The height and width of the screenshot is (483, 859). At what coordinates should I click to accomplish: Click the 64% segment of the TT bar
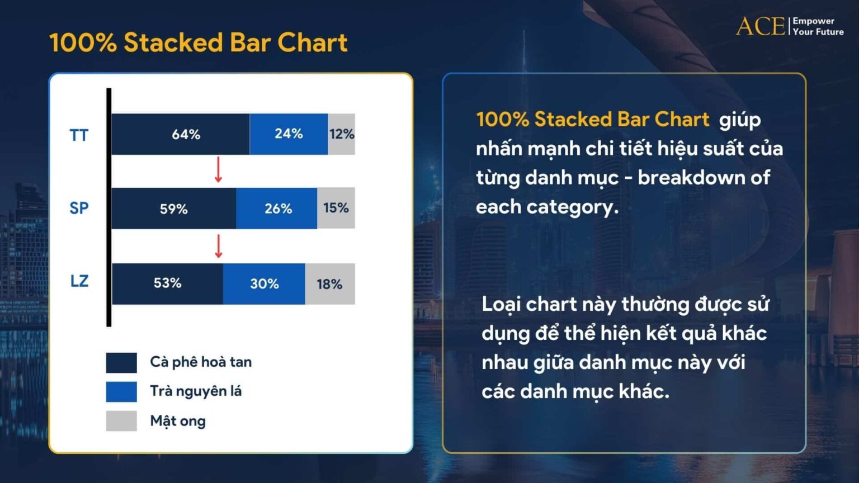180,134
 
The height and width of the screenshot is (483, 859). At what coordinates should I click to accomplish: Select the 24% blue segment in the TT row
289,134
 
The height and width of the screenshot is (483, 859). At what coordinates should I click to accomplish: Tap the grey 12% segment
341,134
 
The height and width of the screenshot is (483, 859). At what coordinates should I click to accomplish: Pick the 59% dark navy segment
173,209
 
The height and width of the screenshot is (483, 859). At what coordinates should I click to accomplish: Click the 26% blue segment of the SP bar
277,209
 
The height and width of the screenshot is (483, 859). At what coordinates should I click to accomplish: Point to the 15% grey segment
336,208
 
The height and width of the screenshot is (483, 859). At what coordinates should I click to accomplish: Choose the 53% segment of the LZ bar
167,283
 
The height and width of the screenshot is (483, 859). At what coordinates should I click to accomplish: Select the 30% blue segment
264,283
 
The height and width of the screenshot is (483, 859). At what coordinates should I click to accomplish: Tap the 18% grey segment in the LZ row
330,284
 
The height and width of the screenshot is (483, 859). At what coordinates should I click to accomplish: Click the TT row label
79,135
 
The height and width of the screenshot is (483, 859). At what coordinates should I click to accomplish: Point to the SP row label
79,208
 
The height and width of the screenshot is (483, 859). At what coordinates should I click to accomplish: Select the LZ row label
79,281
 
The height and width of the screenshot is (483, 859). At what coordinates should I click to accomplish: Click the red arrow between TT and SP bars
218,170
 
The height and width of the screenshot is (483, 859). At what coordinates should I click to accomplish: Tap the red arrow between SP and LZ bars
218,247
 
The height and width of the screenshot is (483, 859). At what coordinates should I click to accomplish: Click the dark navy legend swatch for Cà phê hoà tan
121,362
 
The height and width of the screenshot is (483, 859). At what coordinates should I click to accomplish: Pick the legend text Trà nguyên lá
196,391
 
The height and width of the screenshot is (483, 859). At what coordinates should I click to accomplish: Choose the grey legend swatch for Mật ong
121,421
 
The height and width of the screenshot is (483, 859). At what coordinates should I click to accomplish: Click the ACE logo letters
760,26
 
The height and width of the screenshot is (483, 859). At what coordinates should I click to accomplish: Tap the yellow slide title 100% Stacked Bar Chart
199,42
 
